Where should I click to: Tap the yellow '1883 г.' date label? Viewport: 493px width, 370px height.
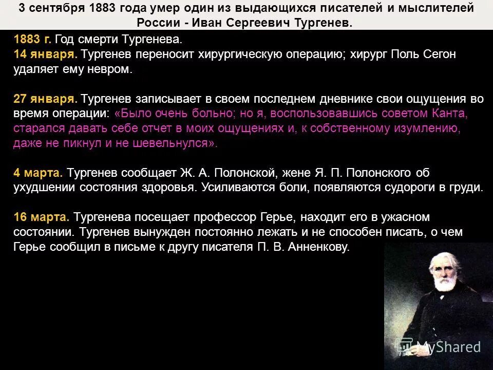coord(32,39)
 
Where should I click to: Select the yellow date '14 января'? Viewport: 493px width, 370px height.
coord(45,54)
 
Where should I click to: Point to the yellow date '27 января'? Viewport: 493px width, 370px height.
coord(45,99)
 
